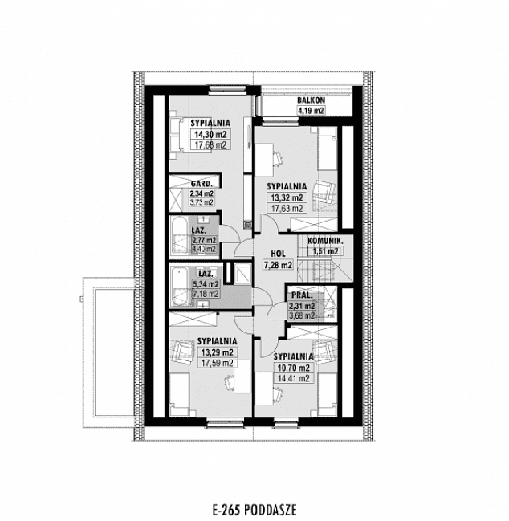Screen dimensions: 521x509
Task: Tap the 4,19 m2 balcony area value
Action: click(311, 110)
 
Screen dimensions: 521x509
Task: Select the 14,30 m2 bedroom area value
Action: click(208, 135)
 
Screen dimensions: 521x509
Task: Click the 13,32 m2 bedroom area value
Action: click(286, 197)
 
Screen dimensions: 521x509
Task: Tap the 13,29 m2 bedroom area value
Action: click(215, 352)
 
